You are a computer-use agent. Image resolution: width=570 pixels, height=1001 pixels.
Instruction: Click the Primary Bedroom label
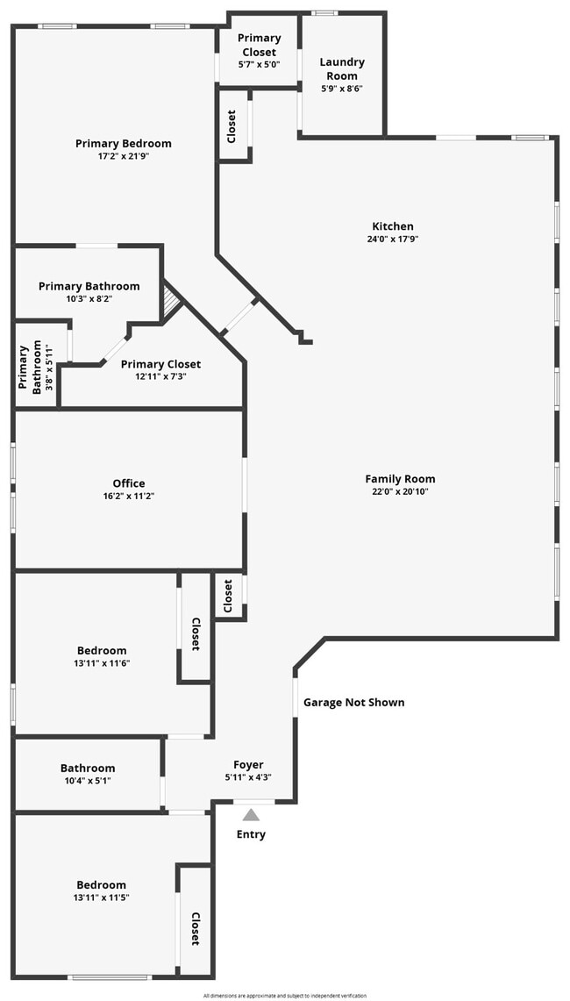[123, 144]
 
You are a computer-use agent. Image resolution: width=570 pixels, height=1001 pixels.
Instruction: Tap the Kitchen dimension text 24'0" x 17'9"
[392, 240]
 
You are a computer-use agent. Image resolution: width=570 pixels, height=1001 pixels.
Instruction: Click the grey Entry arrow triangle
[251, 815]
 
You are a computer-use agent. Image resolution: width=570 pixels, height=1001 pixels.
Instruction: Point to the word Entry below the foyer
[251, 834]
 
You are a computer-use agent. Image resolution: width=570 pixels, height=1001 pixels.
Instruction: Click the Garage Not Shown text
[353, 703]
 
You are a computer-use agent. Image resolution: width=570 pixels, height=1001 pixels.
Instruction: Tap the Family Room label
[400, 479]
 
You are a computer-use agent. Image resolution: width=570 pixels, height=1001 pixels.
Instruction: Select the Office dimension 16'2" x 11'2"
[129, 497]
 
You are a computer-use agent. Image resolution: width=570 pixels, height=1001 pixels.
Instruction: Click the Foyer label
[248, 765]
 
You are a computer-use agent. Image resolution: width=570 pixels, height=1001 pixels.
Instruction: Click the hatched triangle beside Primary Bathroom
[171, 303]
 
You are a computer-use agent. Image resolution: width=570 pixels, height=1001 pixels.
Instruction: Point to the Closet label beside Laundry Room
[232, 127]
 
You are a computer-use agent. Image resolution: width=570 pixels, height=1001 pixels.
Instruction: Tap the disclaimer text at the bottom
[285, 996]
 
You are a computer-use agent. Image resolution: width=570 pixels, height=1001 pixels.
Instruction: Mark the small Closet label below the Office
[228, 597]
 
